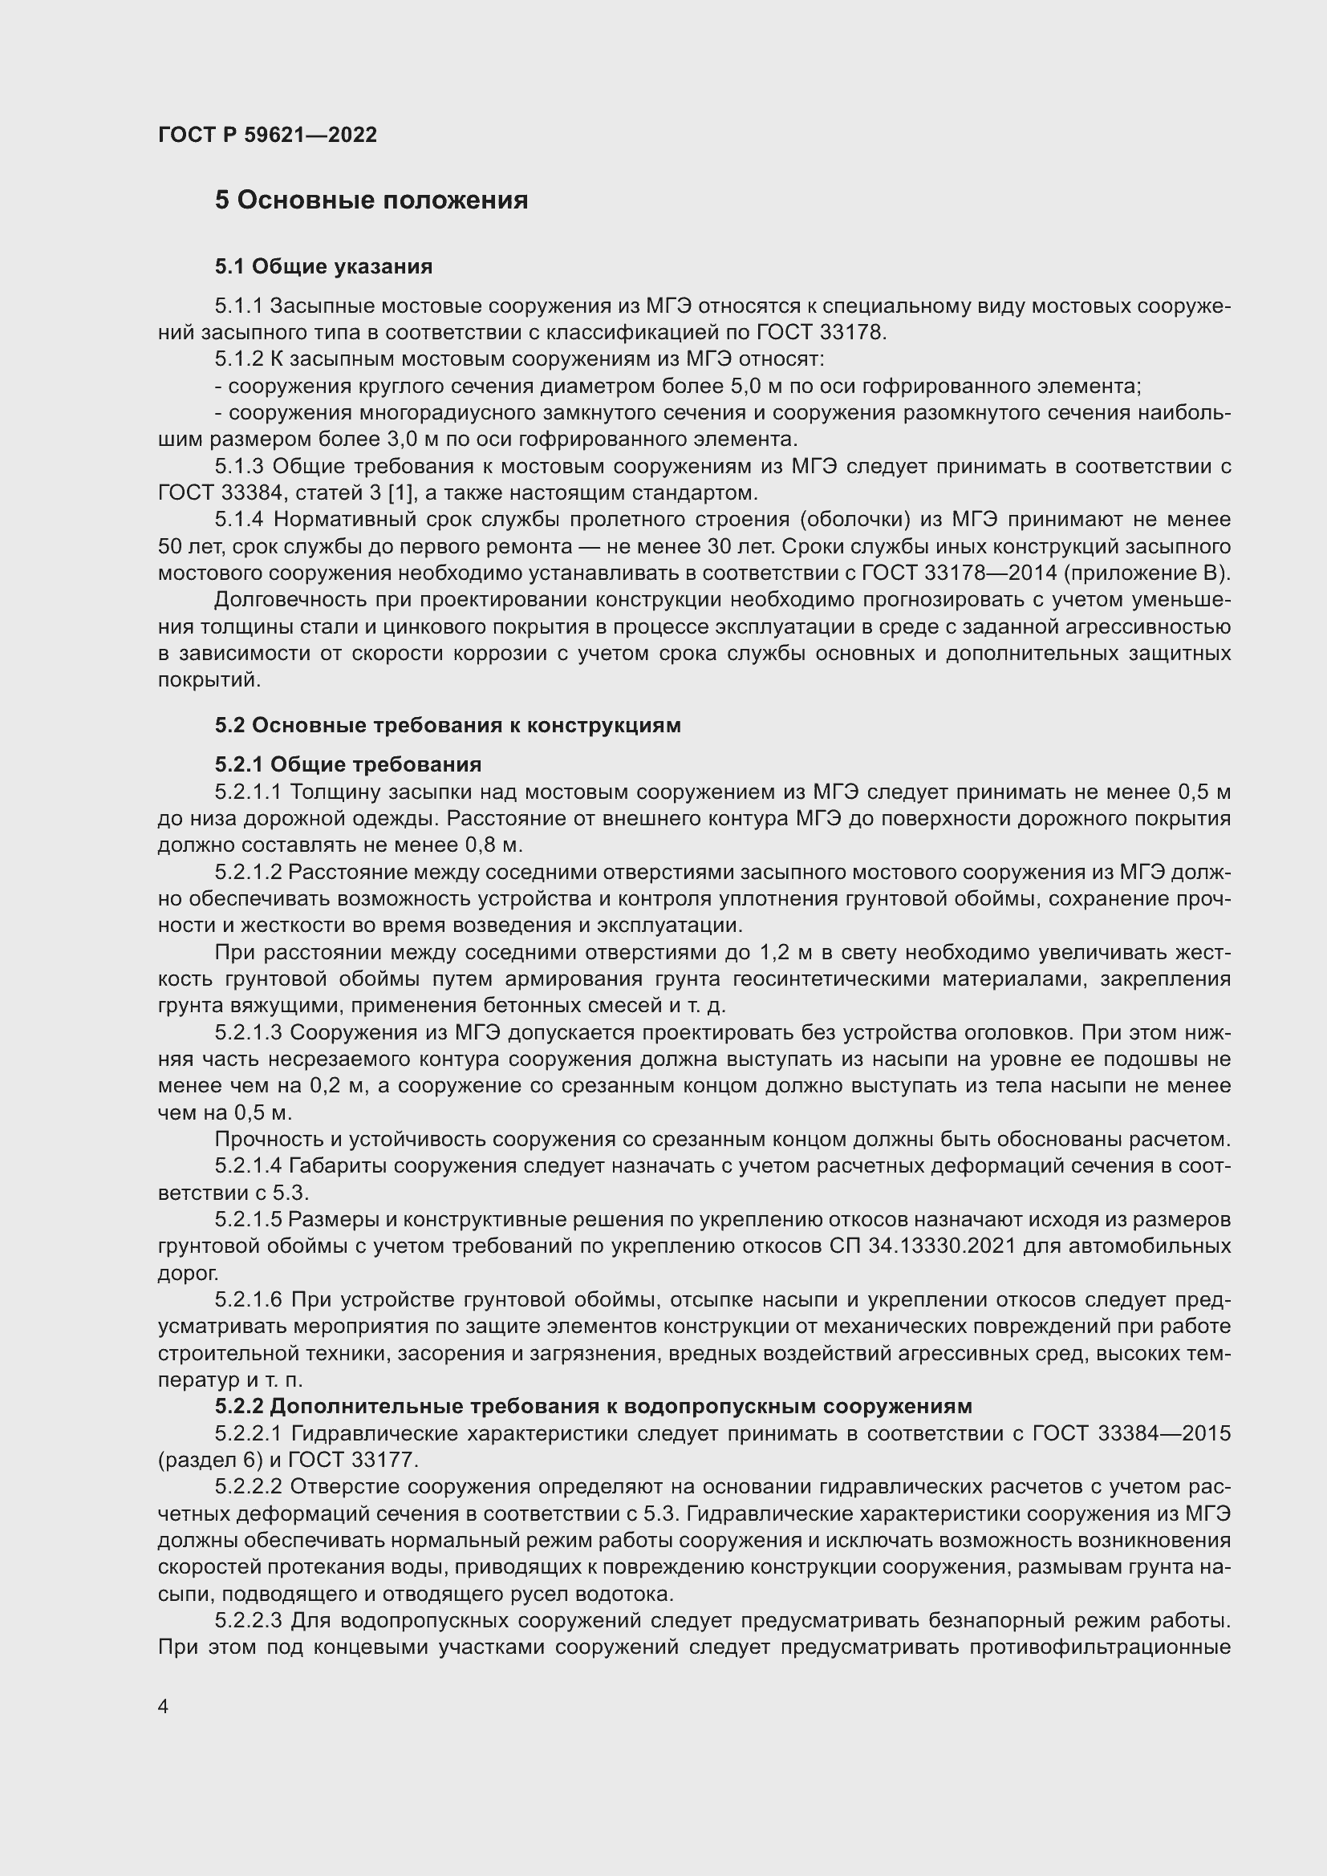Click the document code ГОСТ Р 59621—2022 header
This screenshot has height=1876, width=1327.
267,135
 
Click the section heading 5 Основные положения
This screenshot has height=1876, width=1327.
371,201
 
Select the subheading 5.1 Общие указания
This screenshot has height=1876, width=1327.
323,266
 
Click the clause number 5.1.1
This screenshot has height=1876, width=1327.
238,306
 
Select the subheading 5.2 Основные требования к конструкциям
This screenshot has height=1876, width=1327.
448,725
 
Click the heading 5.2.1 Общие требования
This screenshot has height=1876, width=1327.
348,764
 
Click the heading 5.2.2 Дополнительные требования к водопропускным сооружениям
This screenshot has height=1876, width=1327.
593,1405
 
